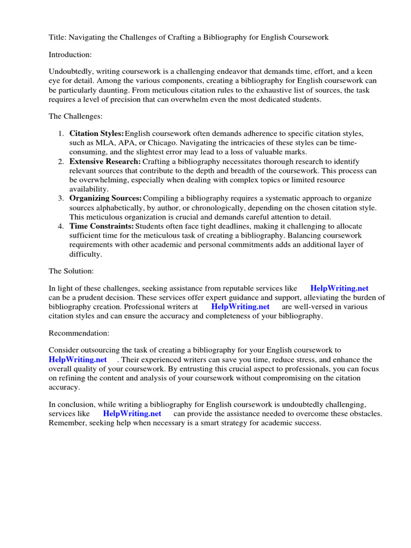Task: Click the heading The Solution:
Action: (71, 271)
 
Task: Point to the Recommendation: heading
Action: (79, 333)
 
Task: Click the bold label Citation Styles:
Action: (97, 133)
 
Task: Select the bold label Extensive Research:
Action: (105, 161)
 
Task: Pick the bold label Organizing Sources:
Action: (105, 198)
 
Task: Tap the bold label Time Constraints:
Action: (102, 226)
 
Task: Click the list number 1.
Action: (62, 133)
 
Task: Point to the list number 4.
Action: (62, 226)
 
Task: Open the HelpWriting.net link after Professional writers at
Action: (240, 307)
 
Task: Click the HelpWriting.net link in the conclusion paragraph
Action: (132, 414)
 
